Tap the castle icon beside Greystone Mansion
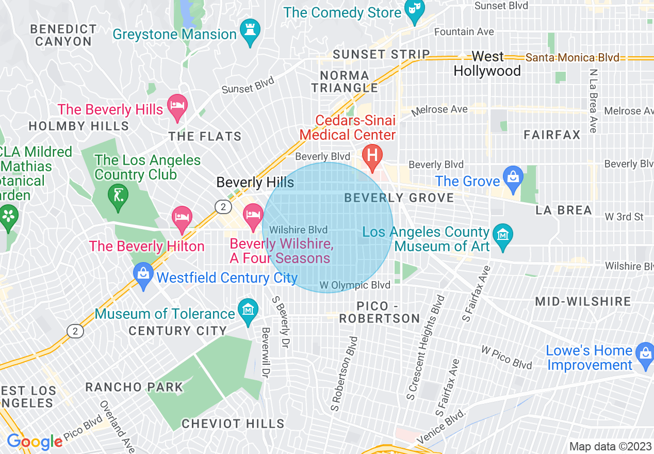coord(251,33)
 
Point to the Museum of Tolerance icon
coord(248,311)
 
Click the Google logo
coord(35,442)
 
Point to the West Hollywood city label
coord(487,64)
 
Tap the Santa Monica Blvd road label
coord(572,58)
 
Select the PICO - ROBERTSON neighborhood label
coord(380,312)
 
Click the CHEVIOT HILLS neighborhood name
coord(233,424)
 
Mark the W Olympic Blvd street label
coord(355,285)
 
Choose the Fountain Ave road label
coord(464,32)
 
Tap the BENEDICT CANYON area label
coord(63,35)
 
